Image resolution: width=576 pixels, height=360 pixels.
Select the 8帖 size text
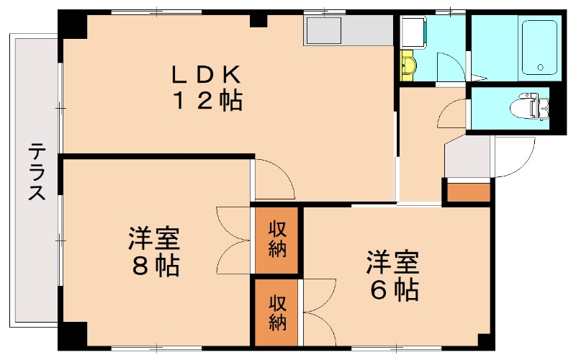point(154,267)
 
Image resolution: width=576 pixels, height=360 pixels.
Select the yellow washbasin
point(408,66)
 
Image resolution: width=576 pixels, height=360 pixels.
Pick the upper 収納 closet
point(276,239)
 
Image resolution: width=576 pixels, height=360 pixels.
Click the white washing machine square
point(414,32)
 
